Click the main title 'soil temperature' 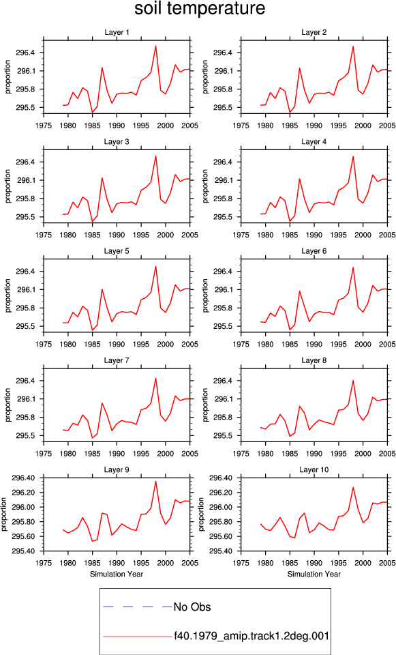click(x=200, y=9)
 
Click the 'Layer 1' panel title click(x=117, y=33)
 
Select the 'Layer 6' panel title click(x=314, y=251)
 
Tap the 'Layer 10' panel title click(x=314, y=470)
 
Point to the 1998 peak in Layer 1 click(x=155, y=46)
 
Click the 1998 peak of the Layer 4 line click(x=353, y=156)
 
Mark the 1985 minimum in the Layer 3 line click(x=92, y=221)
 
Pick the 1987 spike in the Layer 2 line click(x=299, y=68)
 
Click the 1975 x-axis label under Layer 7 click(x=44, y=454)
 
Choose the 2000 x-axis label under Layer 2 click(x=363, y=126)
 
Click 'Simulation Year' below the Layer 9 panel click(x=117, y=574)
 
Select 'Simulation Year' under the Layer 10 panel click(x=314, y=574)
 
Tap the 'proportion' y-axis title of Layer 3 click(x=8, y=186)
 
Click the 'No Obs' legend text click(x=192, y=607)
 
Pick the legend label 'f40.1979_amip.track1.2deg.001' click(x=252, y=636)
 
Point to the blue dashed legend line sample click(x=137, y=607)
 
